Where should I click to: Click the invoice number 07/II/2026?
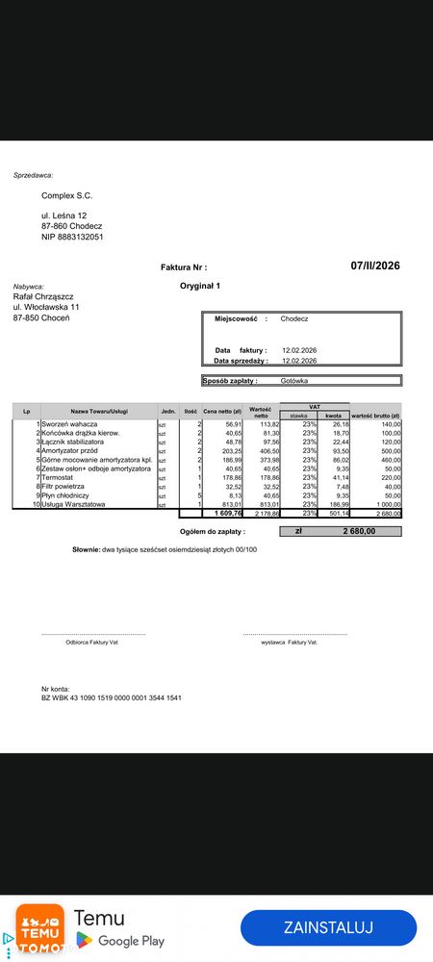tap(375, 266)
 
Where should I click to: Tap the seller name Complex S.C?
tap(66, 195)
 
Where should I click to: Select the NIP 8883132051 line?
tap(72, 236)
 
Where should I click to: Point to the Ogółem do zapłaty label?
tap(213, 530)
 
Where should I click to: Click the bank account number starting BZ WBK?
tap(111, 697)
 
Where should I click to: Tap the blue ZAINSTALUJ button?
tap(328, 927)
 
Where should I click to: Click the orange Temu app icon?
tap(39, 927)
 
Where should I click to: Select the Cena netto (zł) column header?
tap(222, 412)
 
